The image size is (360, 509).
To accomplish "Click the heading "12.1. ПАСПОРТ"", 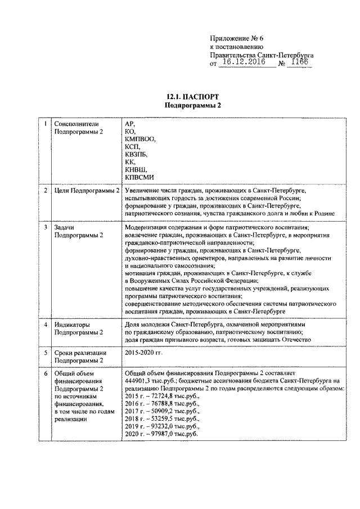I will pyautogui.click(x=192, y=97).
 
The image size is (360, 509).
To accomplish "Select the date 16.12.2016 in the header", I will pyautogui.click(x=243, y=64).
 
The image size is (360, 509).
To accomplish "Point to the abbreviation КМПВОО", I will pyautogui.click(x=140, y=138).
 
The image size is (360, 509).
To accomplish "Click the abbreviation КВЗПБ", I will pyautogui.click(x=137, y=154).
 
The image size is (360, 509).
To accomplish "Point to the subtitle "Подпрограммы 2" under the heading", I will pyautogui.click(x=192, y=105).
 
